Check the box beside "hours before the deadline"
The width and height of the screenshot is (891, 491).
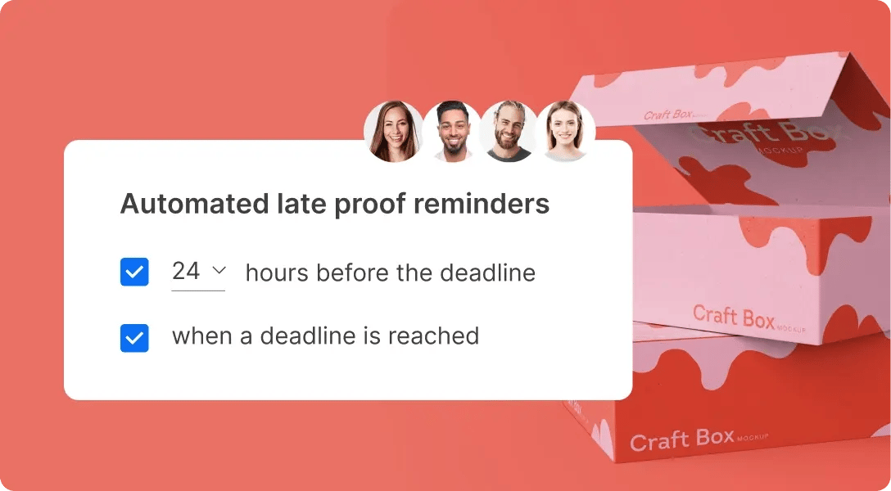134,273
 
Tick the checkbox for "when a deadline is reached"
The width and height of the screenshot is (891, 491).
134,337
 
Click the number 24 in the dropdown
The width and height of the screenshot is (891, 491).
186,272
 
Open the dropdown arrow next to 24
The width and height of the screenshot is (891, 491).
219,270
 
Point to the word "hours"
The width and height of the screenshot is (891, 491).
276,273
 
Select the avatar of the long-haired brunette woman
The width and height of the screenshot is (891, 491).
395,131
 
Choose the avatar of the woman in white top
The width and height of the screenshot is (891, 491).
565,131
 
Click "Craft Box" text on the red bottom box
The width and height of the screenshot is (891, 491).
682,440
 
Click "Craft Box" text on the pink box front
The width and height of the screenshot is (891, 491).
733,316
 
